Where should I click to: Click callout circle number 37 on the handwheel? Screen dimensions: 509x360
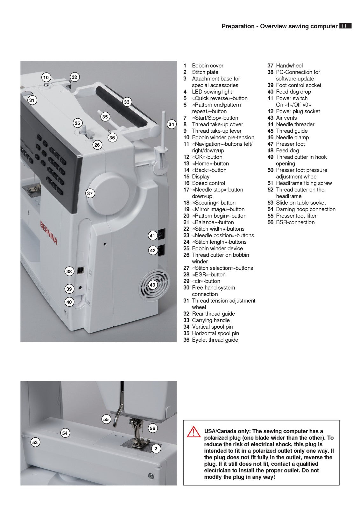tap(90, 193)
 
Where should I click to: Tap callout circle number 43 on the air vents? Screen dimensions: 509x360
tap(153, 285)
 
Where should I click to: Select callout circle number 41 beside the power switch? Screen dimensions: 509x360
tap(152, 236)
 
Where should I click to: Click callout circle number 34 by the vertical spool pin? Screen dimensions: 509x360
tap(171, 124)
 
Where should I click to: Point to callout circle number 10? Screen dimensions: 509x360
tap(46, 77)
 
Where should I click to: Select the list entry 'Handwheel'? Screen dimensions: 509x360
tap(289, 66)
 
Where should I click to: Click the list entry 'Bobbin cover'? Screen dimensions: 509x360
tap(208, 66)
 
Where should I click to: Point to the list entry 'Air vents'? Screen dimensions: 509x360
tap(286, 118)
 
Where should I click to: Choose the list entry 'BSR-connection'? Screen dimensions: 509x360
tap(295, 222)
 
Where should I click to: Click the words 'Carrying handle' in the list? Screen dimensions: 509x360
tap(211, 320)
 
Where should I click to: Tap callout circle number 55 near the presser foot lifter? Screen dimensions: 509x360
tap(106, 419)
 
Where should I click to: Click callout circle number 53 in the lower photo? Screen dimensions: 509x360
tap(35, 442)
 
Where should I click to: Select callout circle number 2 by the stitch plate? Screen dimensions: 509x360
tap(156, 449)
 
